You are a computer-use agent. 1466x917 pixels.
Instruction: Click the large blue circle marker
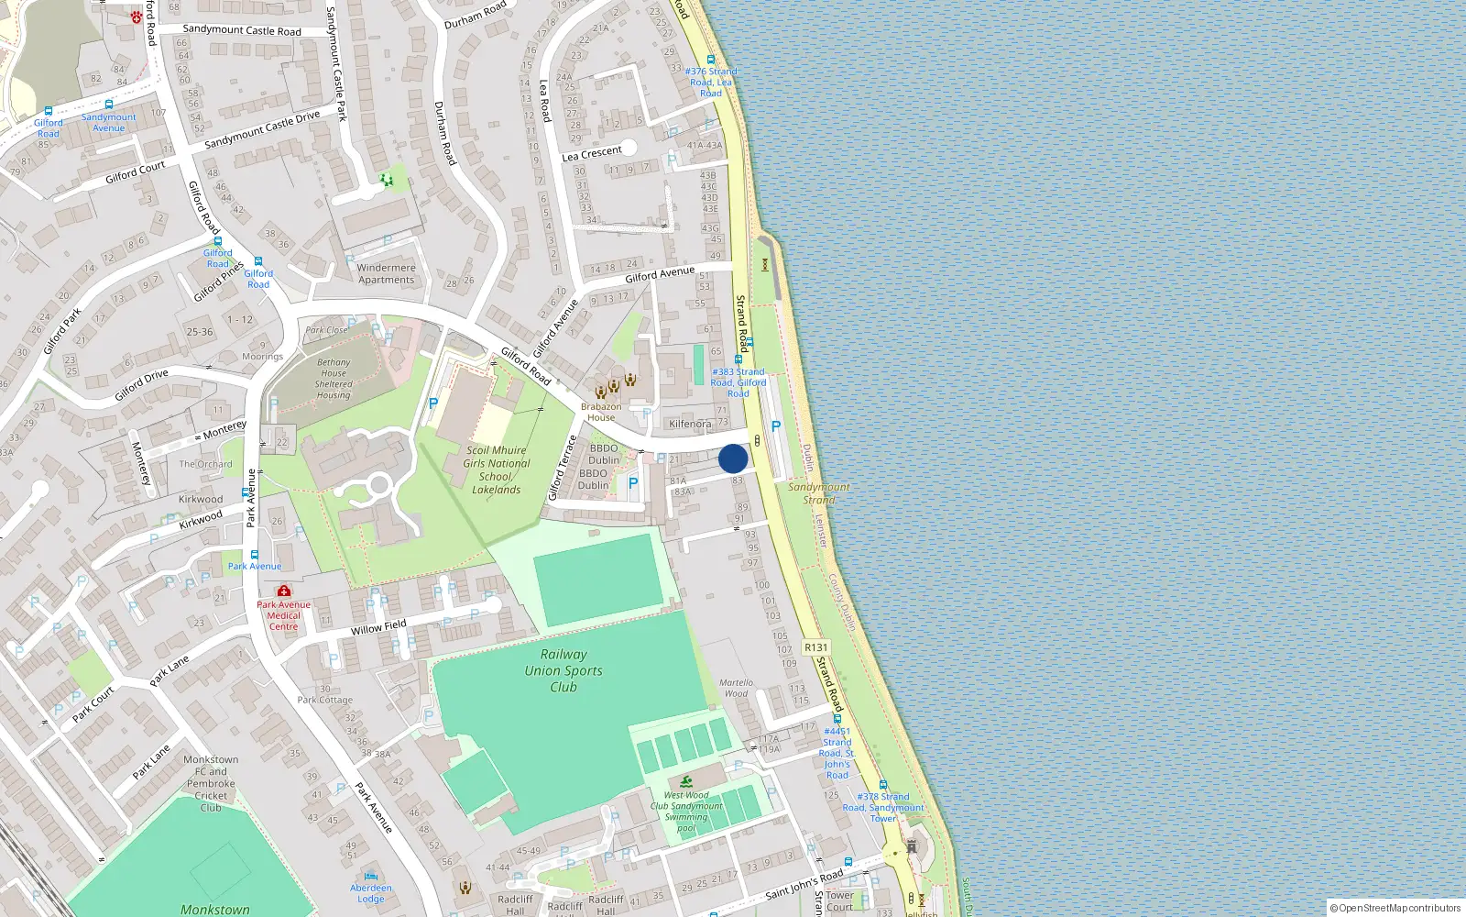click(x=733, y=458)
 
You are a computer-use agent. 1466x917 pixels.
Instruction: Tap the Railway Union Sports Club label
click(x=563, y=670)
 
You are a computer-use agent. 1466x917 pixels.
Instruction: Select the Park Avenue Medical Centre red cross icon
click(x=284, y=591)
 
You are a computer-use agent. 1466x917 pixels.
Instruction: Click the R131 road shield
click(x=815, y=647)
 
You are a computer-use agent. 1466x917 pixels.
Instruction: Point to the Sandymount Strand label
click(x=819, y=493)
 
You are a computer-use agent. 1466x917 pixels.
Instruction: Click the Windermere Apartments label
click(x=386, y=274)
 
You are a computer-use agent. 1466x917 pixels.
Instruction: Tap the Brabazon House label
click(x=601, y=412)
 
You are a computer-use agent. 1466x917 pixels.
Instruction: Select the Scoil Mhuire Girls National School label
click(x=496, y=470)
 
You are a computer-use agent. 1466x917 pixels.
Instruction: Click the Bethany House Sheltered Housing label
click(x=334, y=379)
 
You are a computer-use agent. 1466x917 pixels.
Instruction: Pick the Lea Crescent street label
click(x=592, y=153)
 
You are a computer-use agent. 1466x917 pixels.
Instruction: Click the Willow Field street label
click(x=378, y=627)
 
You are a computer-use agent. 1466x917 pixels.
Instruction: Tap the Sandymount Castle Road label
click(x=242, y=30)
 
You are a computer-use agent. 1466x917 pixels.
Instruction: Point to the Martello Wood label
click(x=736, y=688)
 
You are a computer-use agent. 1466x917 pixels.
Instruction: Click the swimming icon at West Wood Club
click(x=686, y=781)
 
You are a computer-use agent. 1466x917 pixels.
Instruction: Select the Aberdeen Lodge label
click(x=371, y=893)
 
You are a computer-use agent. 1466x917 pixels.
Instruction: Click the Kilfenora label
click(x=690, y=424)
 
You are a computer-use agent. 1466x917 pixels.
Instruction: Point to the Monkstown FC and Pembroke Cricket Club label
click(x=211, y=783)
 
